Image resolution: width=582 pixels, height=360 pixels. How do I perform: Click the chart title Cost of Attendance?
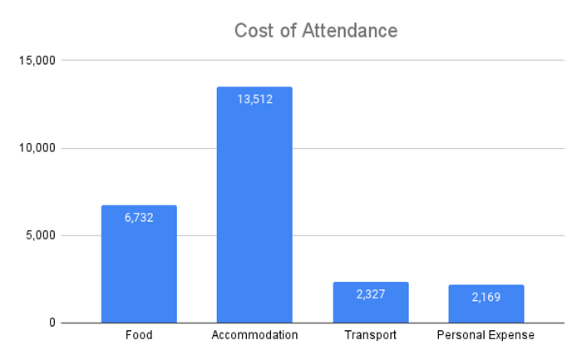point(316,31)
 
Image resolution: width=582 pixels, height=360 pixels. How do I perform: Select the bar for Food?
point(139,264)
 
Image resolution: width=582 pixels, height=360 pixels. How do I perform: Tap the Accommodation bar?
point(254,205)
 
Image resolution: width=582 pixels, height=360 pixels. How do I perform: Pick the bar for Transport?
point(371,303)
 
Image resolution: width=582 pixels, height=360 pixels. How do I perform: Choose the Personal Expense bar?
point(486,304)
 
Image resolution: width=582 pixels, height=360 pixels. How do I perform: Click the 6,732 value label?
point(139,218)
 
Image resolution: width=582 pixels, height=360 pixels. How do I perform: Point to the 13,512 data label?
point(255,99)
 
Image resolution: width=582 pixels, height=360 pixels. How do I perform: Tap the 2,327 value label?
point(371,294)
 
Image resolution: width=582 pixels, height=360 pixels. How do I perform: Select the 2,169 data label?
point(486,297)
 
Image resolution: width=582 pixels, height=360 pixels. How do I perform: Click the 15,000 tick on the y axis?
point(37,60)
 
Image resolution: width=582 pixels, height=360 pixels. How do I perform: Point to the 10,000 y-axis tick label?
point(37,148)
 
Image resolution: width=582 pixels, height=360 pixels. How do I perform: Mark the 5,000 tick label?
point(41,235)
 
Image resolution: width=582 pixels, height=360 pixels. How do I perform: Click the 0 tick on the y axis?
point(52,323)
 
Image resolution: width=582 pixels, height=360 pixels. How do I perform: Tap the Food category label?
point(139,335)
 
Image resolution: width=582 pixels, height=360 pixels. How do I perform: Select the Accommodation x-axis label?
point(254,335)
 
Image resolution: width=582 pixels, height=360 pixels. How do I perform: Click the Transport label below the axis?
point(371,336)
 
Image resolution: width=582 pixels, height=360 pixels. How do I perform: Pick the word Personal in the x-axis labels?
point(460,335)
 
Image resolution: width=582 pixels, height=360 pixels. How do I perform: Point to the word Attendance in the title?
point(350,31)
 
